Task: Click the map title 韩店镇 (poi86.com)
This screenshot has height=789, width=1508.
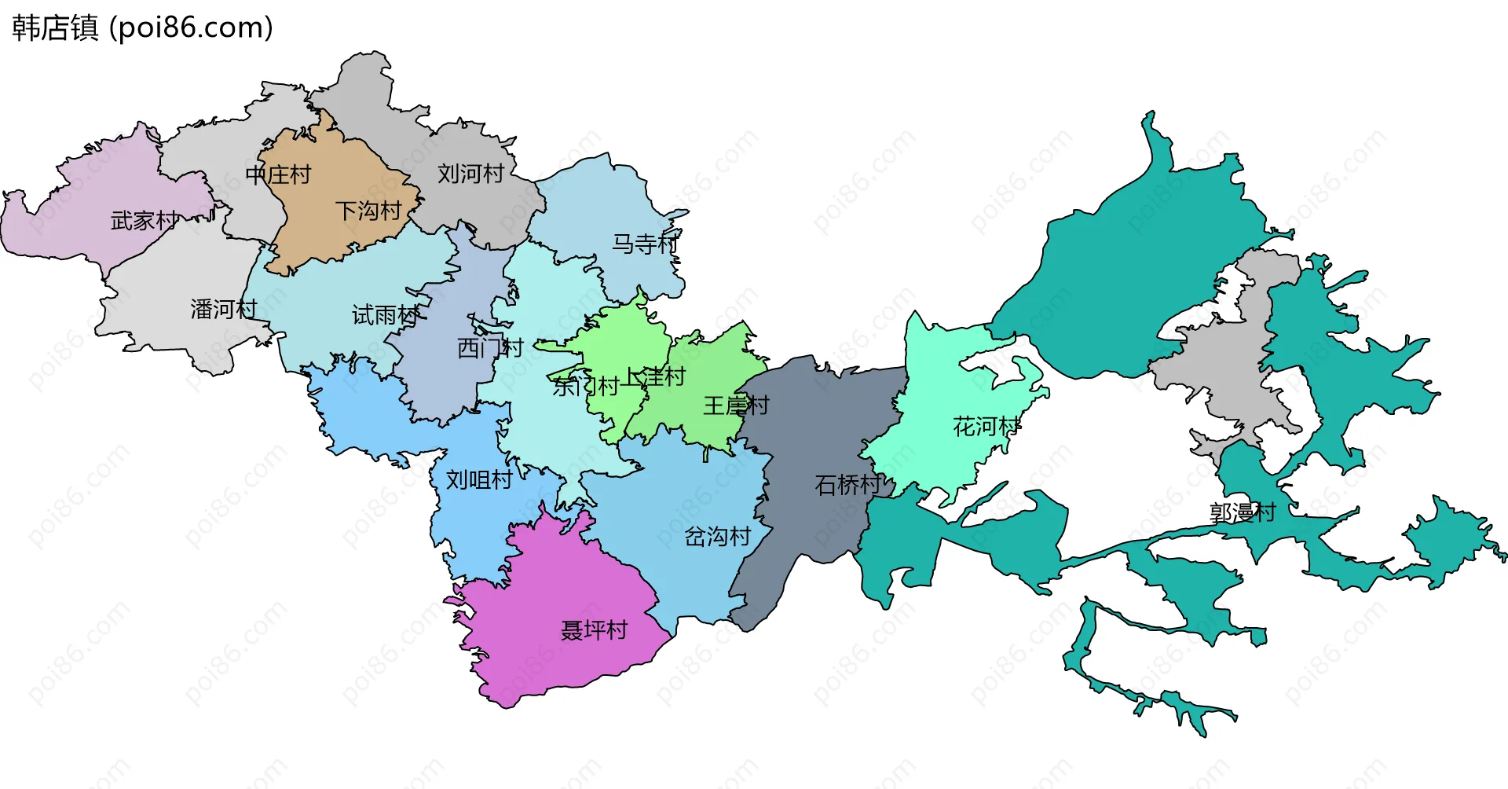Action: [x=142, y=28]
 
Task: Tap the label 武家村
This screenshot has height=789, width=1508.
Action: [x=144, y=221]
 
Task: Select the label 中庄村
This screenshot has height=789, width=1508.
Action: [x=278, y=174]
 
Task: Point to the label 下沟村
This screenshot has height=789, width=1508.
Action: [x=368, y=211]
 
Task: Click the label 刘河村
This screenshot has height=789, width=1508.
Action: [x=470, y=174]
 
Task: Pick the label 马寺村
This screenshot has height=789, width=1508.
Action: [x=645, y=244]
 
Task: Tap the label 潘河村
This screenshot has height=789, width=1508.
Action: [x=224, y=310]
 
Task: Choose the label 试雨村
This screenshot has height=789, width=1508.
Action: [x=385, y=316]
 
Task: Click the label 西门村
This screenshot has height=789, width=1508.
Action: [x=490, y=348]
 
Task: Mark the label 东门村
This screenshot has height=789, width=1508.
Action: [x=585, y=387]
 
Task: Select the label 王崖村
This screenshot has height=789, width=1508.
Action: [x=736, y=406]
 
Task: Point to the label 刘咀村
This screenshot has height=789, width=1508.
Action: [x=479, y=480]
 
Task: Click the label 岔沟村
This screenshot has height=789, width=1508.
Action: [x=718, y=538]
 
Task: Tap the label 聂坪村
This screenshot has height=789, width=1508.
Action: [x=594, y=630]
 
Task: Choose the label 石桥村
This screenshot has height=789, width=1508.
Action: [x=848, y=486]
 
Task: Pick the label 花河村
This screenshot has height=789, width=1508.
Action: [x=986, y=428]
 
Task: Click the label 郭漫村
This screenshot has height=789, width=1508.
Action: [x=1243, y=513]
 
